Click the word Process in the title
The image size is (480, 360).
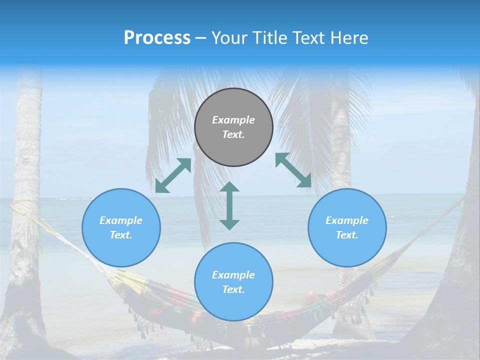[157, 38]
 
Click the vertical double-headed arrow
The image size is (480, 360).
[229, 205]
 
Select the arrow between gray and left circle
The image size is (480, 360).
[173, 175]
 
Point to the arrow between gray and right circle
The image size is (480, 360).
[293, 170]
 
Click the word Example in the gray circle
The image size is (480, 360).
[233, 120]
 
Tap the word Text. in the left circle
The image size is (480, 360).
[121, 235]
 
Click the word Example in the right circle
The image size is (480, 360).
[347, 220]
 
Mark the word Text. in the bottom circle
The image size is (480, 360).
[233, 289]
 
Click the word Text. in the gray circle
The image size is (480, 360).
[233, 134]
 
